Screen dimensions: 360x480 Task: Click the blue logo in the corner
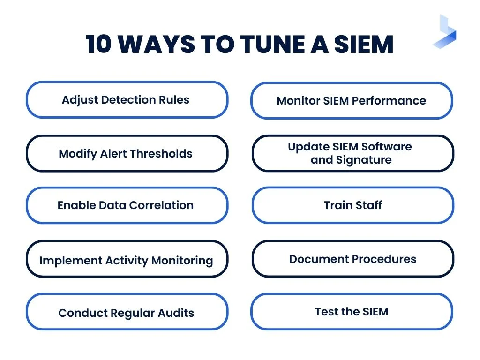(445, 32)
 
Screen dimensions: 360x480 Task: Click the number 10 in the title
(99, 45)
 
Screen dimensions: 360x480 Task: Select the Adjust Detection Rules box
(127, 100)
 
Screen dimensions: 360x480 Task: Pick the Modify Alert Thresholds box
(127, 154)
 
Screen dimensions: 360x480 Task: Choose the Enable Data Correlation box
(127, 205)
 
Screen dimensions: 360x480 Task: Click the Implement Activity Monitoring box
(127, 260)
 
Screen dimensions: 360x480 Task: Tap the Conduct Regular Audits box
(127, 313)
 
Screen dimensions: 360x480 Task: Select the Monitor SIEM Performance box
(352, 101)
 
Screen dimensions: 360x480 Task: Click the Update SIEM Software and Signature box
(352, 153)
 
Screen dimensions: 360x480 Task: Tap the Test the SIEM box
(352, 312)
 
